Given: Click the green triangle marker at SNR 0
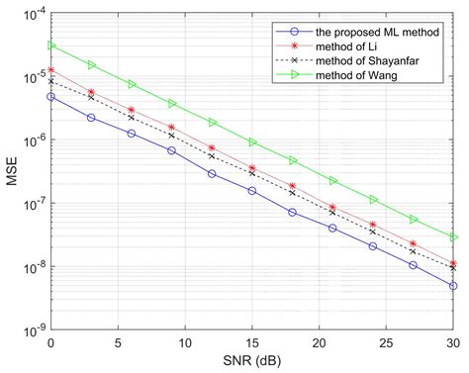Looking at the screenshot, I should pos(50,46).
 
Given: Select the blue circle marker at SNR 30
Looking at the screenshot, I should pos(453,286).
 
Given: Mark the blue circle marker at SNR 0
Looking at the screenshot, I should pos(50,97).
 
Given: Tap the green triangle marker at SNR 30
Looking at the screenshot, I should pos(453,237).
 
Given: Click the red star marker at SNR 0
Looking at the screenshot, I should pos(50,70).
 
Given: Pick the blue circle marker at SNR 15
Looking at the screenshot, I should pos(251,190).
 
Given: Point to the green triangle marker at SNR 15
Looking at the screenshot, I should pos(251,141).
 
